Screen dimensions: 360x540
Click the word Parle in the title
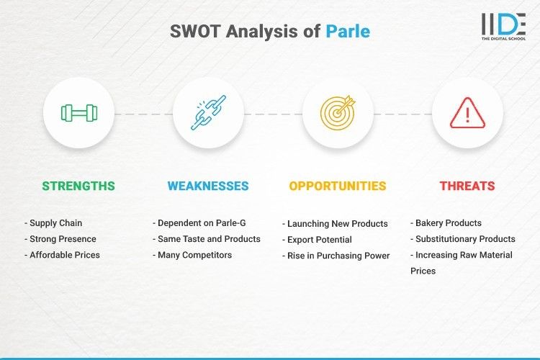(348, 32)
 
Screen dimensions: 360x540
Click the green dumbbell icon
(78, 113)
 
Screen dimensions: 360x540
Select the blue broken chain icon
(208, 113)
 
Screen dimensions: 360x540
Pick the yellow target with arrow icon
(338, 113)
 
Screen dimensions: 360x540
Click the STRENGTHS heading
(78, 186)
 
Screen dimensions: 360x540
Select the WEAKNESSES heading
(208, 186)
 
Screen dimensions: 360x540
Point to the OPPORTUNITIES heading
(338, 186)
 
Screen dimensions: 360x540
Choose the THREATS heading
(467, 186)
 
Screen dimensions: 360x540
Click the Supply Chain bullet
(55, 223)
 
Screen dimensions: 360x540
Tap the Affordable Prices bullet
(62, 255)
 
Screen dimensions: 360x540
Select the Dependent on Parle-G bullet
(197, 223)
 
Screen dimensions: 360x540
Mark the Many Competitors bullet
(192, 255)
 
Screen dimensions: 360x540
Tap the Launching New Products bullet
(335, 223)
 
